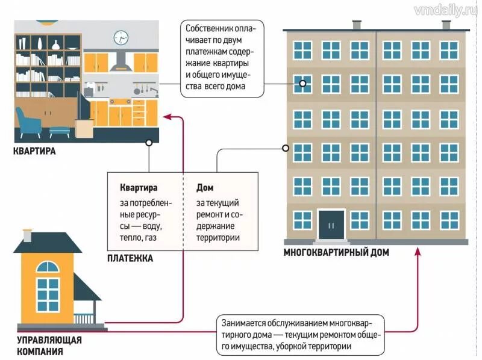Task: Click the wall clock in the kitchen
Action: pos(121,37)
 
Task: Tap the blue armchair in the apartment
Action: pos(28,123)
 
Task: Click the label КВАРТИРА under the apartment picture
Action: pos(34,152)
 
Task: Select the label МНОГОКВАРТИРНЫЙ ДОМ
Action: pos(336,253)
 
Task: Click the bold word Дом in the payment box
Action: pos(205,188)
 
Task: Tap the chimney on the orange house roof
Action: pos(27,235)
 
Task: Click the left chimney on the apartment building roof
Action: pos(357,25)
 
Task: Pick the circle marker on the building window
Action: pos(303,84)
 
